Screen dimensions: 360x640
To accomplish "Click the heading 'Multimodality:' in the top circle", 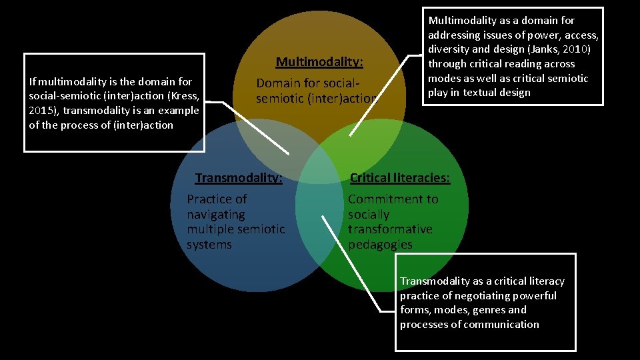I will [x=319, y=62].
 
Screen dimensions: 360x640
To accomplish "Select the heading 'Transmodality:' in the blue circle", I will [x=239, y=178].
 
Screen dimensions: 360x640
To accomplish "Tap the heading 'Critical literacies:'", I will [x=400, y=178].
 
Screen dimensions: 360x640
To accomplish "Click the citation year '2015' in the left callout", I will [x=41, y=111].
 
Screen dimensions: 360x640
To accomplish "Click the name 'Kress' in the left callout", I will [x=185, y=96].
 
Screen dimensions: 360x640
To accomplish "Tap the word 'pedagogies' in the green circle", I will [x=380, y=245].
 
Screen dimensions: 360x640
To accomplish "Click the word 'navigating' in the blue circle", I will [x=216, y=215].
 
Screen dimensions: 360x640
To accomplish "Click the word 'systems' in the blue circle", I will [x=209, y=245].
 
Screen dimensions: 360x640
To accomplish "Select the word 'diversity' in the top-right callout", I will [x=449, y=49].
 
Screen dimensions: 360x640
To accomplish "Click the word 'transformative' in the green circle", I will [x=390, y=229].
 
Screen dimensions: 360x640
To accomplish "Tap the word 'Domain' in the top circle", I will [x=278, y=84].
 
